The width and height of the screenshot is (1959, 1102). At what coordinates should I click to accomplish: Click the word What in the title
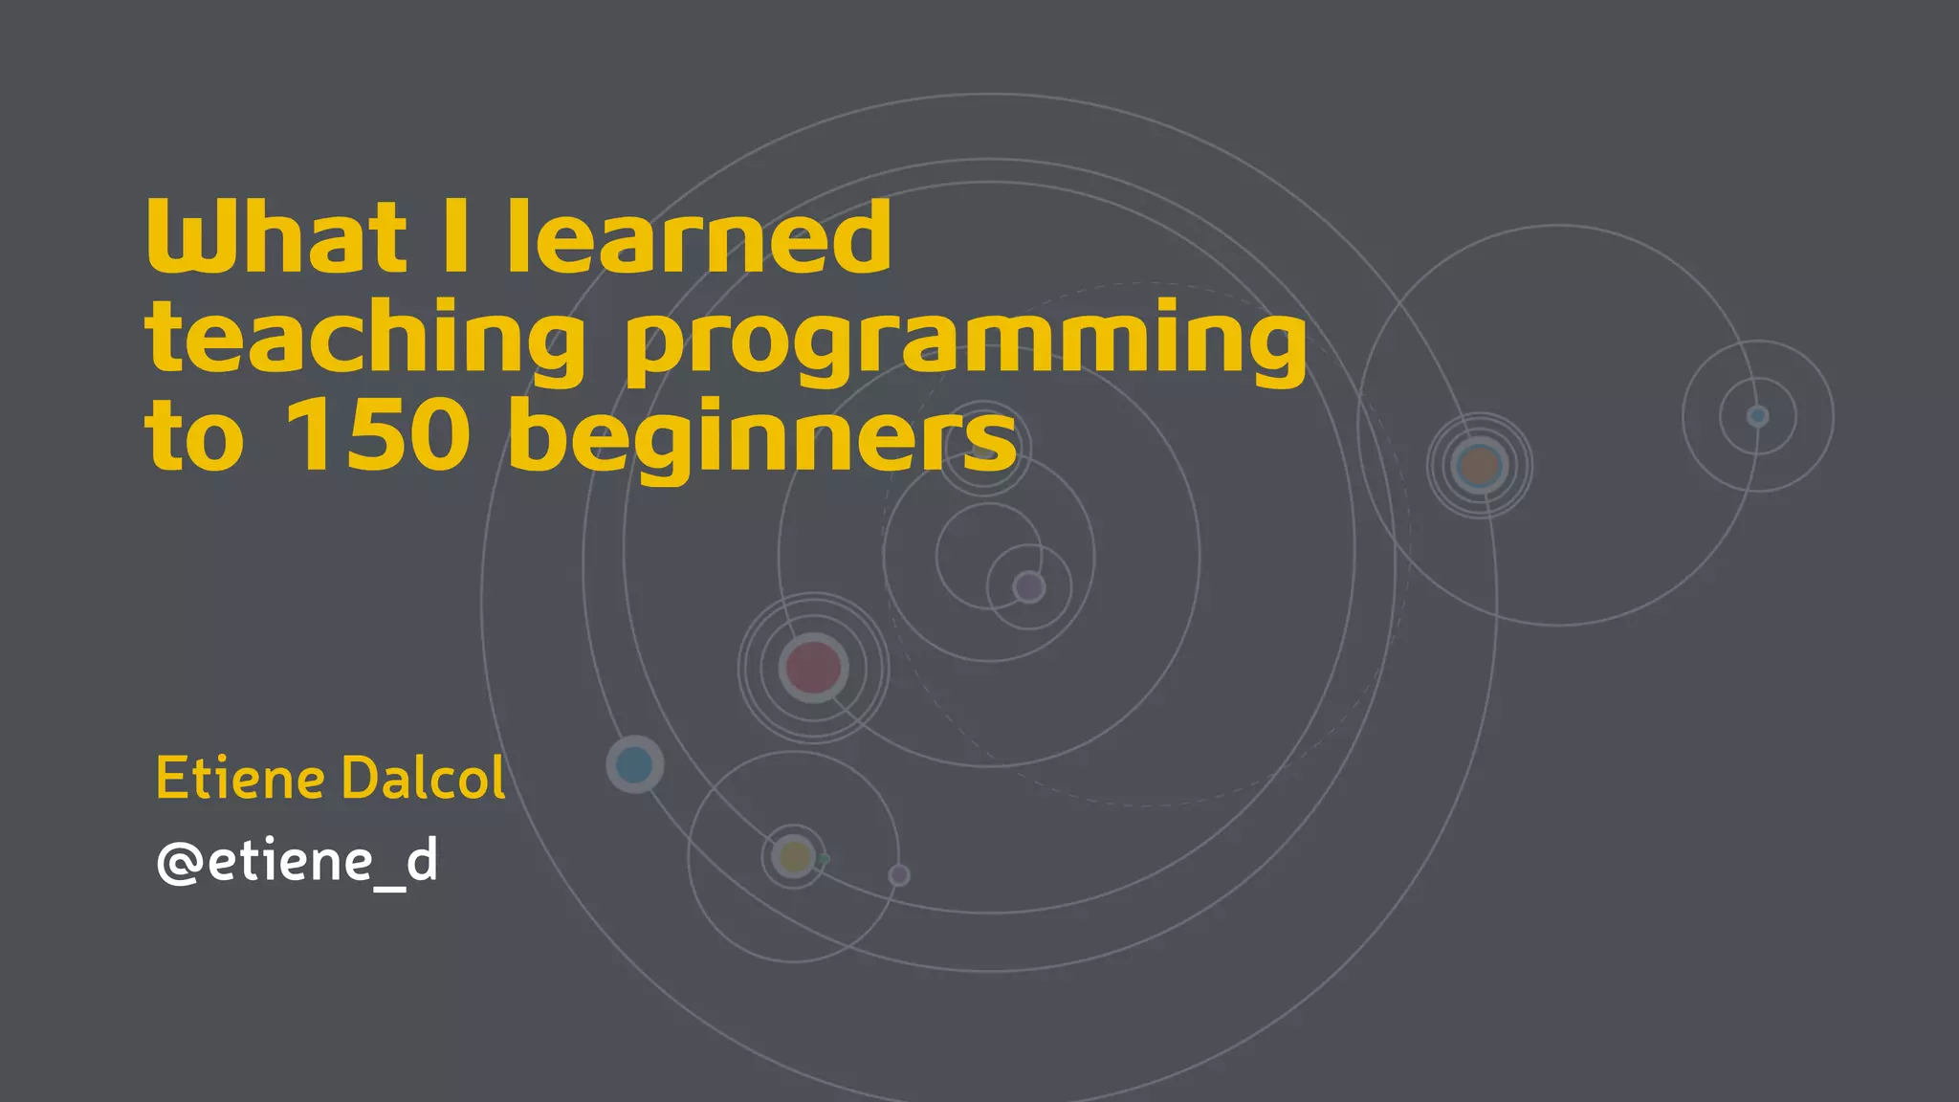click(x=275, y=236)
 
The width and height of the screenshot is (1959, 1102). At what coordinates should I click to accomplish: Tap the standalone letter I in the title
click(x=456, y=236)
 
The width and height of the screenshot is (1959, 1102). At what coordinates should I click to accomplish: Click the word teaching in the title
click(x=364, y=340)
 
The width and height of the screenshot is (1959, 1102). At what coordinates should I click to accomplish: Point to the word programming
click(x=965, y=342)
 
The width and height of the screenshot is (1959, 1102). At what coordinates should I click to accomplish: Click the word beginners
click(x=762, y=439)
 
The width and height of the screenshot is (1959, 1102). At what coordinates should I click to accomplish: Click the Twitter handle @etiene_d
click(x=297, y=861)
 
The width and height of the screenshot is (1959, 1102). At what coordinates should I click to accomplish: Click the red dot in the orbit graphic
click(x=813, y=667)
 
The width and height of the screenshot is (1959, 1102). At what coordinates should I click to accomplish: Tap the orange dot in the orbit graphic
click(x=1480, y=466)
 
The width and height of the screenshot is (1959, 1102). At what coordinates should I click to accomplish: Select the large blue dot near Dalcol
click(x=634, y=764)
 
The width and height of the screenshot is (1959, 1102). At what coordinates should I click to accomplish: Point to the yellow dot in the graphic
click(x=794, y=856)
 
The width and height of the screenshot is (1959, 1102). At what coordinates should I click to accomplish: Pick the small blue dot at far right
click(x=1757, y=416)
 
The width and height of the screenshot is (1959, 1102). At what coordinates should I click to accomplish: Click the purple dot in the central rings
click(x=1029, y=586)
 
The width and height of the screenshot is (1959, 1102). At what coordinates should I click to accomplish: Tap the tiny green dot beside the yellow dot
click(x=824, y=859)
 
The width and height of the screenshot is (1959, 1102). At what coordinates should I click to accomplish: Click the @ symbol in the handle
click(x=179, y=862)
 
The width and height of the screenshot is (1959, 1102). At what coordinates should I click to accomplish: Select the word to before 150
click(x=194, y=437)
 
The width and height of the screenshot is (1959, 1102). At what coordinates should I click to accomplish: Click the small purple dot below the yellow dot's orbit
click(x=899, y=874)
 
